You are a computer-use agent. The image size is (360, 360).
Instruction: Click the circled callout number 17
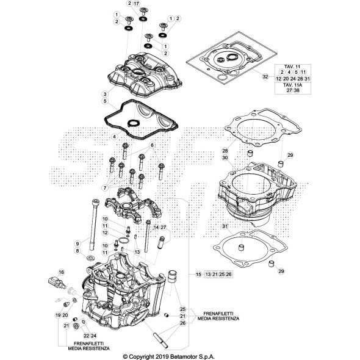tap(137, 4)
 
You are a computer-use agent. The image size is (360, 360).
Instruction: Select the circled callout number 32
tap(265, 77)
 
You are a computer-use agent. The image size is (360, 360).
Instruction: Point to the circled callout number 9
tap(78, 243)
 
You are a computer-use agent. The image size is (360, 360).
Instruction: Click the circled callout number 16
tap(61, 272)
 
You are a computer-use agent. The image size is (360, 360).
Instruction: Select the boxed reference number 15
tap(198, 275)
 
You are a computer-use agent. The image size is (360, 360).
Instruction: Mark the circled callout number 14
tap(156, 227)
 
